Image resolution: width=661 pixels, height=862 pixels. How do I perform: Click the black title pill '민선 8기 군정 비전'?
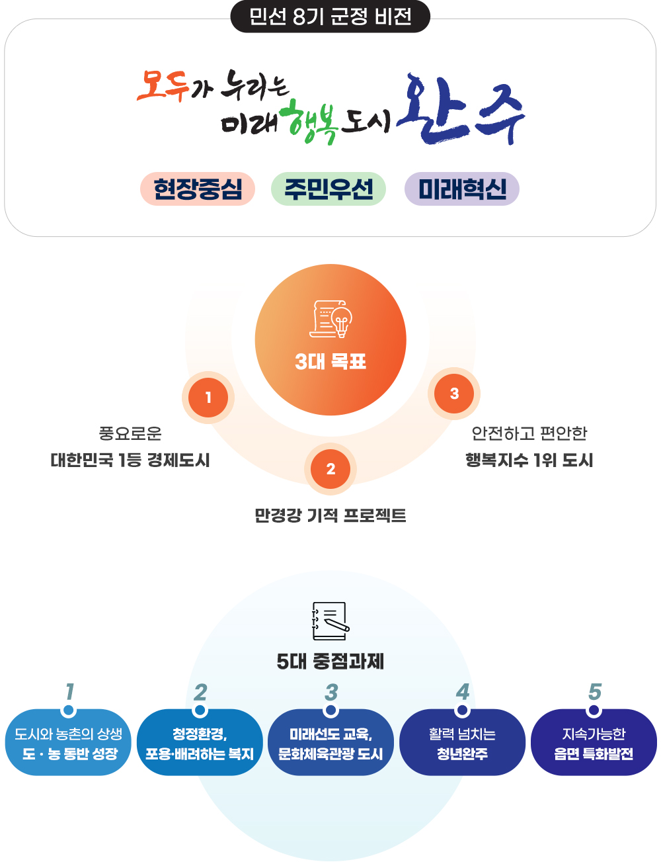pos(330,17)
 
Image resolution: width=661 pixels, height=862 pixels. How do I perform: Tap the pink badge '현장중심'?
pos(198,189)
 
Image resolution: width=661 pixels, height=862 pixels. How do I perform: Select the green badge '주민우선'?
pos(329,189)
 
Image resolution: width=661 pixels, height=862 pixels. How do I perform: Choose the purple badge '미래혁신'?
pos(462,189)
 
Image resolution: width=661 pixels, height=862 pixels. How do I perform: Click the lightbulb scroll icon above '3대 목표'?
pos(330,319)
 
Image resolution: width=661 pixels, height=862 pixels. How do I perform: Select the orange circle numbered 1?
pos(208,398)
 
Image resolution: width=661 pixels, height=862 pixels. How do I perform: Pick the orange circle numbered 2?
pos(330,469)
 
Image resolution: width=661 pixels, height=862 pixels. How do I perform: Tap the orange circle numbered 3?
pos(454,394)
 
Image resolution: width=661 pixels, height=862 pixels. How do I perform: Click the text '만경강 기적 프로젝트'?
pos(330,515)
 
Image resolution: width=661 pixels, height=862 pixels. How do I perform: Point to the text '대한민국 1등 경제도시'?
pos(130,460)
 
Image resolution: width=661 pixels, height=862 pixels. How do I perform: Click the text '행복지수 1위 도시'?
pos(529,460)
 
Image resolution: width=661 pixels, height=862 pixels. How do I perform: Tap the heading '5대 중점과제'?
pos(330,661)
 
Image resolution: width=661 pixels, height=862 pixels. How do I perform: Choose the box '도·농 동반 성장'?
pos(69,743)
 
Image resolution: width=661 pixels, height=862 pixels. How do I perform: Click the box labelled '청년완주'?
pos(462,743)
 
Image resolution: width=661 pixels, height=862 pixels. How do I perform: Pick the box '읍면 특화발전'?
pos(594,743)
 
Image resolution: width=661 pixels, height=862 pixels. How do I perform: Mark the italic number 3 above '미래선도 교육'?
pos(331,692)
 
